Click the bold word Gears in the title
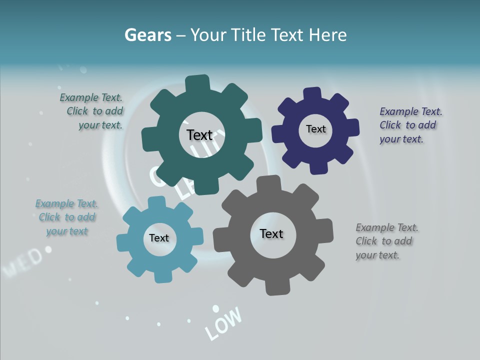(148, 35)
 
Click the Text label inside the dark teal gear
(199, 135)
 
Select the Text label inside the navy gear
(315, 129)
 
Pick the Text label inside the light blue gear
(159, 238)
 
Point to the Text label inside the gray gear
(271, 233)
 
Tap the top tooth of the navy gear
(312, 93)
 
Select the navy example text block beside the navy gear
(410, 125)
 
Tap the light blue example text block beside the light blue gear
(67, 217)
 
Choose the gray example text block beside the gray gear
(386, 241)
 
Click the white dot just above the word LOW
(215, 308)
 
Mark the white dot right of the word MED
(48, 248)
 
